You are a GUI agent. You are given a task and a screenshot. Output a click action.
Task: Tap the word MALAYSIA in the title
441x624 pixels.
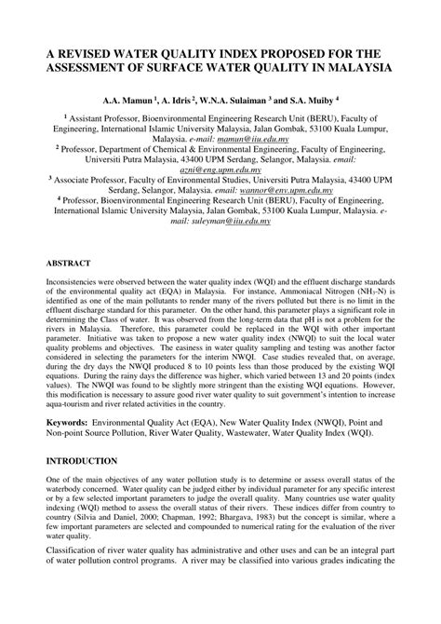[352, 68]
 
